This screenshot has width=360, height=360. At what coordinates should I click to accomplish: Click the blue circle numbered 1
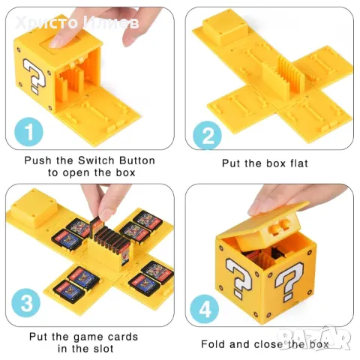(x=28, y=132)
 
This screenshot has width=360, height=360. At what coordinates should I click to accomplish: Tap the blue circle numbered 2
(x=207, y=135)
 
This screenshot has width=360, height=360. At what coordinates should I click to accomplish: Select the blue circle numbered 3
(x=26, y=303)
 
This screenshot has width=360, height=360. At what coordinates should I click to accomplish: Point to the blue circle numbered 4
(x=205, y=309)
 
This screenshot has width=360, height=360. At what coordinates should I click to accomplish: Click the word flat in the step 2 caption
(x=298, y=163)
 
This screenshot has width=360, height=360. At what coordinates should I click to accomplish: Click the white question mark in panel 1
(x=34, y=76)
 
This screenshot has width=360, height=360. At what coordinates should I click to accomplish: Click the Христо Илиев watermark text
(x=76, y=23)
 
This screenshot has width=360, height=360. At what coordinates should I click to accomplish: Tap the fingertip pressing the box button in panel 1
(x=55, y=41)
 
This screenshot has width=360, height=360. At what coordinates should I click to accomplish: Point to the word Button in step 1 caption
(x=137, y=160)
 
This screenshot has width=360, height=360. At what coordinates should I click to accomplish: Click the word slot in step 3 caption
(x=103, y=349)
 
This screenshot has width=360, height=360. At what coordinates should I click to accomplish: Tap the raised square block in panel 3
(x=34, y=208)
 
